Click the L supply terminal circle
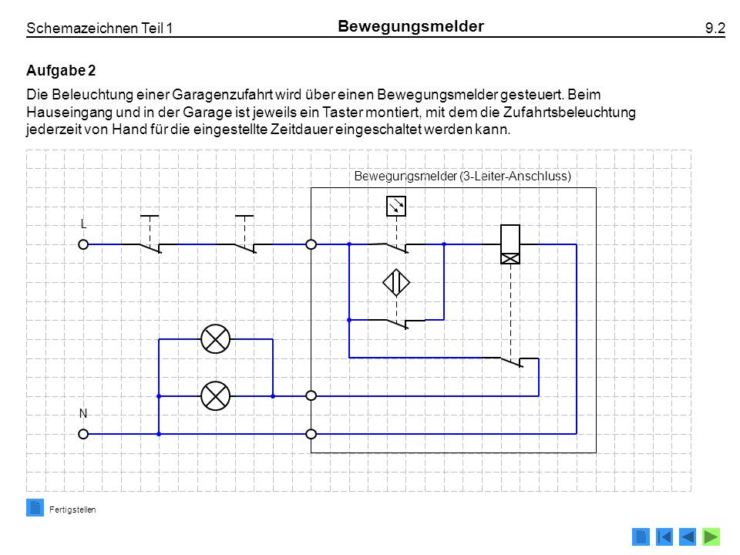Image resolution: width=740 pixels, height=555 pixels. click(83, 244)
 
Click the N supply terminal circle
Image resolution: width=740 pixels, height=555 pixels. click(83, 434)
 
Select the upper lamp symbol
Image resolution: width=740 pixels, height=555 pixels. click(216, 339)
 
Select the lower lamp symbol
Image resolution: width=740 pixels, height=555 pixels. click(216, 395)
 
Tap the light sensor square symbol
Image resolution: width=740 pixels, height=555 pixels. click(396, 207)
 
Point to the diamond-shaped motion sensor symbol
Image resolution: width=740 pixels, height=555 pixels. click(396, 283)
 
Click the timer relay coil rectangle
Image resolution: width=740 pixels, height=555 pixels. click(510, 244)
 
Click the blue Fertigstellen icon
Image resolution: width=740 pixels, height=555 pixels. click(35, 508)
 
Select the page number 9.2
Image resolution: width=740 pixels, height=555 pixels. click(715, 28)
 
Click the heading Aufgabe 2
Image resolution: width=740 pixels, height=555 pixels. click(61, 70)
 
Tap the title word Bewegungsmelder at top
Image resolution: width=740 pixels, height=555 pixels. click(411, 26)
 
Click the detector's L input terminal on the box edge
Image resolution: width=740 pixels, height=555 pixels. click(311, 244)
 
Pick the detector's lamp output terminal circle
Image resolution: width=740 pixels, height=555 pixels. click(311, 395)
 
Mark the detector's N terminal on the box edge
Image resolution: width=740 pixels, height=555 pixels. click(311, 434)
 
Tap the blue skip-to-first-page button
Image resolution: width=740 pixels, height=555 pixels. click(664, 536)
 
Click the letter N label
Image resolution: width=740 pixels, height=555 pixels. click(83, 413)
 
